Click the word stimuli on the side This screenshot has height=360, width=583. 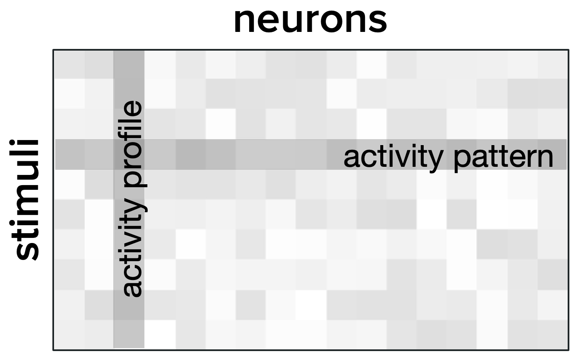(27, 200)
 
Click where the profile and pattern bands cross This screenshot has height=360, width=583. (129, 154)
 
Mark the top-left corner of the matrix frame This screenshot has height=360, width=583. (54, 50)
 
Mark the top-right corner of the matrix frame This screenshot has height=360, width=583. (568, 50)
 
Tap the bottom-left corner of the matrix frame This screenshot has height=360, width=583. (54, 350)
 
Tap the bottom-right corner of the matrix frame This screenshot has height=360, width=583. (568, 350)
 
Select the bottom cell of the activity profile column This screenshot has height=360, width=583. (129, 334)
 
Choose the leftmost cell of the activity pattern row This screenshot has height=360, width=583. (69, 154)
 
